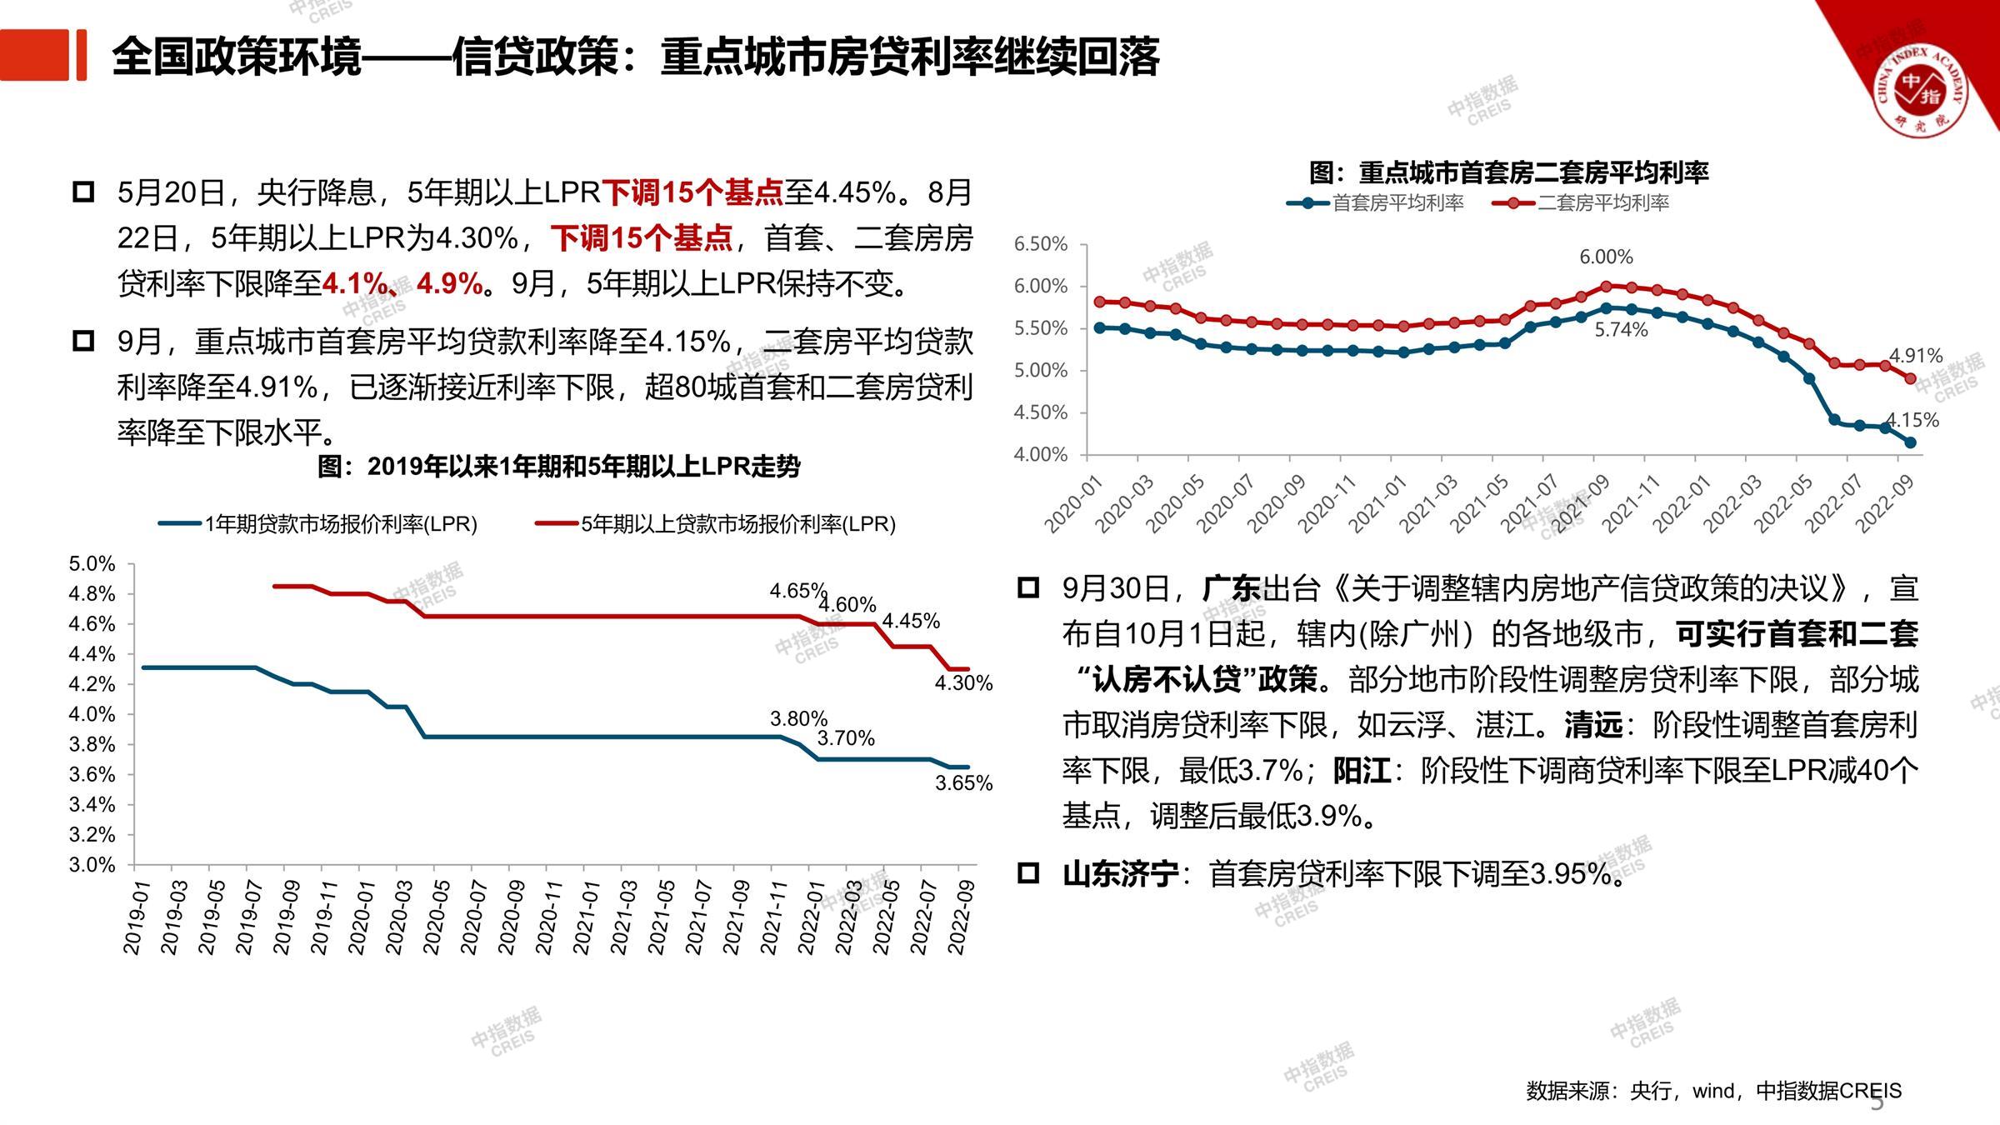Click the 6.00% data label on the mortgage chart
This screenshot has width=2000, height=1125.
(x=1606, y=257)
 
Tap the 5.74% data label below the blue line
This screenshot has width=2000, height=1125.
(x=1621, y=330)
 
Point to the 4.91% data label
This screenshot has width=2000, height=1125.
(x=1915, y=356)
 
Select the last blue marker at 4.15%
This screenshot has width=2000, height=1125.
(x=1911, y=442)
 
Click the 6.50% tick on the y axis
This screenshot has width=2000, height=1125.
(x=1040, y=244)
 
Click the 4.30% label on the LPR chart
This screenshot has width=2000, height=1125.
(x=963, y=683)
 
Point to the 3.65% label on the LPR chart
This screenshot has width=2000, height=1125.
(x=963, y=783)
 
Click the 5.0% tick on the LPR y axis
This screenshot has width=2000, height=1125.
(x=92, y=564)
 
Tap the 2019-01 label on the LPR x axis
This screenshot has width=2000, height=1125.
(x=135, y=917)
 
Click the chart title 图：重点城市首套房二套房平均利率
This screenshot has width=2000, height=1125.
(x=1508, y=172)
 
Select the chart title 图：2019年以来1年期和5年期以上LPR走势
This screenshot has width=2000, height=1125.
(x=558, y=467)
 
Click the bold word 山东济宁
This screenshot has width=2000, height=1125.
(x=1120, y=874)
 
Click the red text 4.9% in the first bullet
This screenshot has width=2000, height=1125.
(x=450, y=284)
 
